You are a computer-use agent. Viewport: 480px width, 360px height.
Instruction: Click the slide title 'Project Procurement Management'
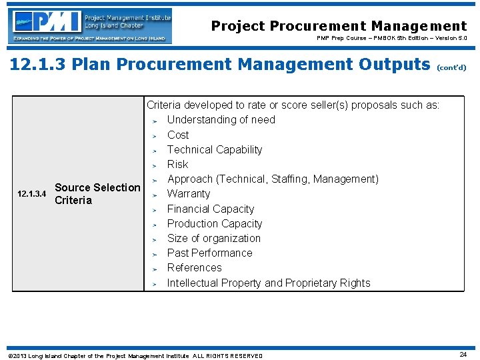click(339, 26)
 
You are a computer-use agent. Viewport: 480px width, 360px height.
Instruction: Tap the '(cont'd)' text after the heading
click(451, 67)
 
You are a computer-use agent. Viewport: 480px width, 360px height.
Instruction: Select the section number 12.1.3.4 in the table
click(31, 194)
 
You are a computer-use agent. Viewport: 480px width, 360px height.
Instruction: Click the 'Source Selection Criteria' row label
click(97, 194)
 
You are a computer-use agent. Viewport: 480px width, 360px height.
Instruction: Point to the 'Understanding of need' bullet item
click(221, 120)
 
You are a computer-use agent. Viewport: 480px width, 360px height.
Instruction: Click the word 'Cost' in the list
click(178, 135)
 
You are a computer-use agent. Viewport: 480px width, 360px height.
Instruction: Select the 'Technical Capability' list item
click(214, 149)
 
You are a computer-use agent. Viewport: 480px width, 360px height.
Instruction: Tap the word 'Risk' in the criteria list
click(177, 164)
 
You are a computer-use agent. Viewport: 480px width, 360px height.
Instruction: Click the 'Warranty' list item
click(188, 194)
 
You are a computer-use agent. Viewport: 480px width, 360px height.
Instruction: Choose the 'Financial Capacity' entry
click(210, 209)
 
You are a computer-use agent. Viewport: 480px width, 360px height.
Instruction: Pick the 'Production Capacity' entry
click(214, 223)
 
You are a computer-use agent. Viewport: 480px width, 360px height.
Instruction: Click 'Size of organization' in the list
click(213, 238)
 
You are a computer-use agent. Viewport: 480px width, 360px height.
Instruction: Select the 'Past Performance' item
click(209, 253)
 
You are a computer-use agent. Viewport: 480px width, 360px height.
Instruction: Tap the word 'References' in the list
click(194, 267)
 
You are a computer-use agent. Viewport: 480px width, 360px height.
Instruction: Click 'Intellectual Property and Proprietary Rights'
click(268, 283)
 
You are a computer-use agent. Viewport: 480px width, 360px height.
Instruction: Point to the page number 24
click(463, 355)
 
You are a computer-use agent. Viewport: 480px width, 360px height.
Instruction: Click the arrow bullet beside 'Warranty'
click(153, 195)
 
